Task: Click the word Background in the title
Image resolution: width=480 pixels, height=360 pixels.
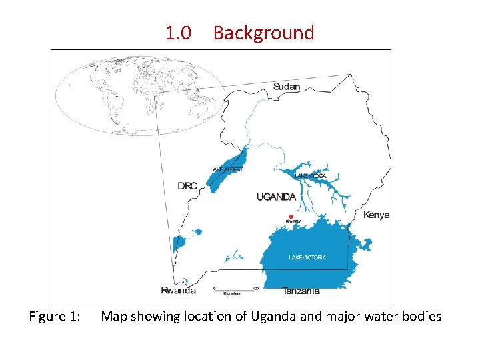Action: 263,33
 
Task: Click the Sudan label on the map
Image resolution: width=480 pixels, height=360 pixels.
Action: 287,87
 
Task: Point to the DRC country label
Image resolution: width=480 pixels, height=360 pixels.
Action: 187,186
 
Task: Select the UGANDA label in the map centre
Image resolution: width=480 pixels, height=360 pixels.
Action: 276,197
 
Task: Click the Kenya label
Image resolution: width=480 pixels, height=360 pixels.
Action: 377,215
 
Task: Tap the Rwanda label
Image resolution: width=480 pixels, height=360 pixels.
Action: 179,290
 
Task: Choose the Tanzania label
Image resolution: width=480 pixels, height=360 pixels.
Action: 301,291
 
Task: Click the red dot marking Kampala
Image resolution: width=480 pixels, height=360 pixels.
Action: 290,216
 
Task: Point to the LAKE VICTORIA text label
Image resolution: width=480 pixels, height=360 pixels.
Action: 307,257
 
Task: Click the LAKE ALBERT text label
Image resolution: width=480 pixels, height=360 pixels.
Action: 227,170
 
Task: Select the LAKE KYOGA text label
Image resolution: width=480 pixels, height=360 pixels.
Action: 309,175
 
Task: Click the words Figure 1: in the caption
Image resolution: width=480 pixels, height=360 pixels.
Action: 55,317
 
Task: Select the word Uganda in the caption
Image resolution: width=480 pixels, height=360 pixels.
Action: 274,316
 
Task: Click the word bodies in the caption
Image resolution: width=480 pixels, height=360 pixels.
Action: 421,316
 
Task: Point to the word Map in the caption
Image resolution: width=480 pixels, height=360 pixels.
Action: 114,316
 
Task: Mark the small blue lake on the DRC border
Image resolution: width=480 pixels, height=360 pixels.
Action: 178,243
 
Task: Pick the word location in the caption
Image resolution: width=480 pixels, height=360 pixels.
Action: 207,316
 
